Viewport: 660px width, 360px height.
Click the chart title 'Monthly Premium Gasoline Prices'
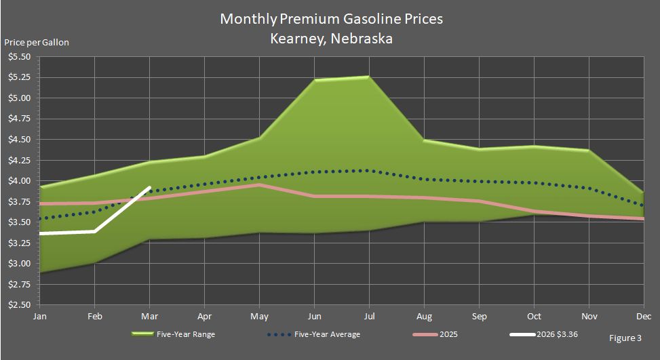(x=331, y=18)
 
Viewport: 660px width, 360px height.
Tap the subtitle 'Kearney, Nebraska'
(x=331, y=39)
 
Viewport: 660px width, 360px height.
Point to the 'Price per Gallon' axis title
(x=37, y=42)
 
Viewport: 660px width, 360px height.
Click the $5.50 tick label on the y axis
(x=19, y=57)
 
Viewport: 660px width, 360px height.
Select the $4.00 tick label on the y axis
(x=19, y=181)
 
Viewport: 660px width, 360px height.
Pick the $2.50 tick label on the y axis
(x=19, y=305)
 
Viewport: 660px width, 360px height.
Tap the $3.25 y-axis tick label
(x=19, y=243)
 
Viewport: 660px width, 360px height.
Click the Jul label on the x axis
(x=369, y=316)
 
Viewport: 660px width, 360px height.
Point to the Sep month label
(x=479, y=316)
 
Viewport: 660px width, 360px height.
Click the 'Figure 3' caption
(x=624, y=337)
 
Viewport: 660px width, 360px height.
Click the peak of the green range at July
(x=369, y=77)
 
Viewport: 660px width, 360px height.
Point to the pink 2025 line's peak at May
(x=259, y=184)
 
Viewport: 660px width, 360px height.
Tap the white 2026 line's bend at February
(x=94, y=231)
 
